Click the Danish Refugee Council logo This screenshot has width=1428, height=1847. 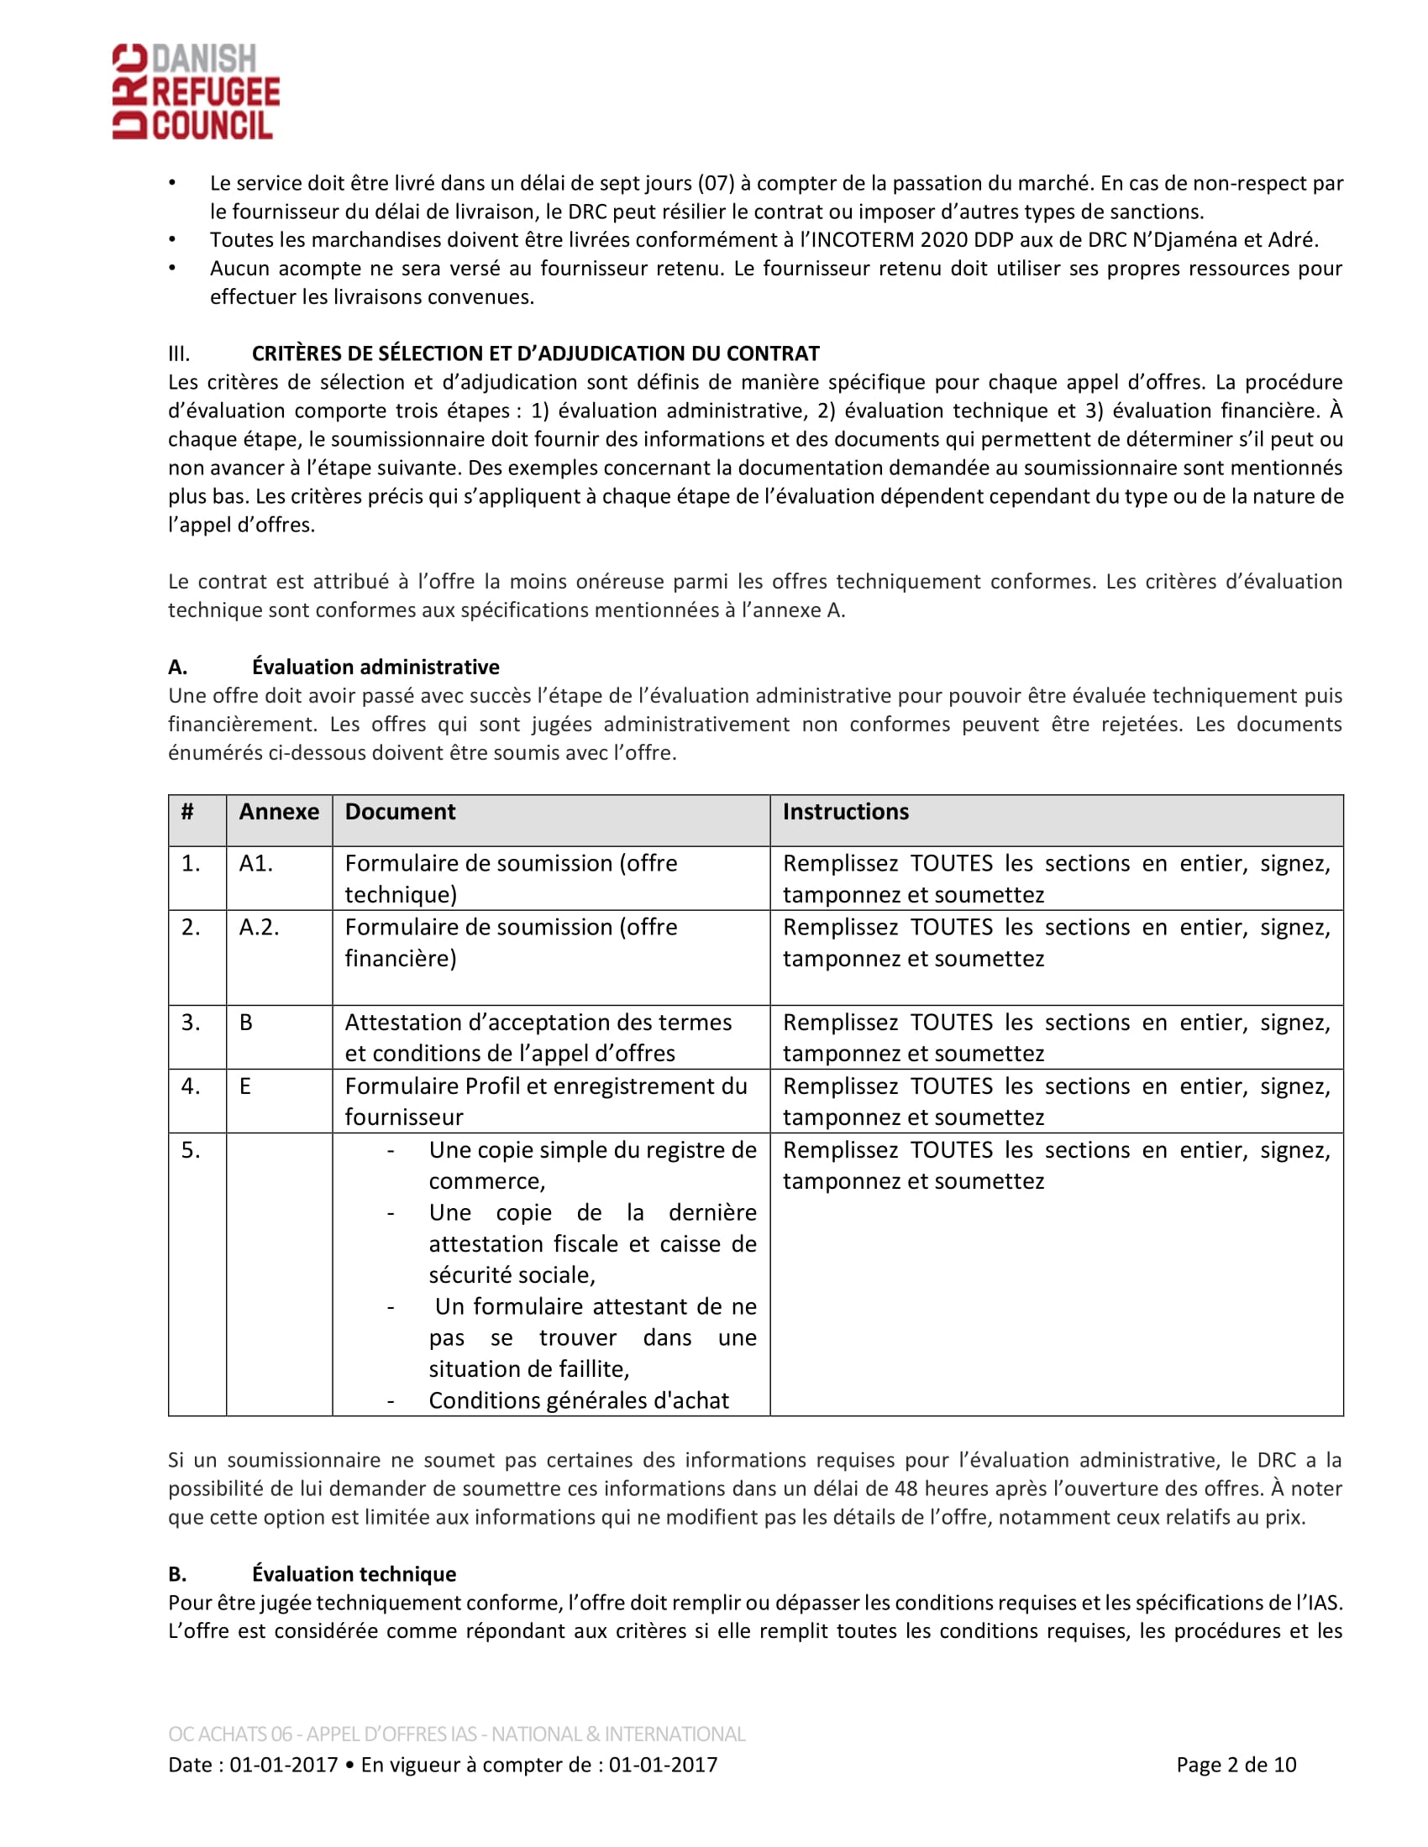[196, 92]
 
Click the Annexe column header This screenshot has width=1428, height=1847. [278, 812]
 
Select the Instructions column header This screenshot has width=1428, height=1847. [845, 812]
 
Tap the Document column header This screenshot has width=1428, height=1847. [400, 812]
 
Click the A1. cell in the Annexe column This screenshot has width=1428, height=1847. [255, 863]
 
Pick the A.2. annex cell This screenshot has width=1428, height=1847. [259, 928]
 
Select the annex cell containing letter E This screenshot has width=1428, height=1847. [245, 1086]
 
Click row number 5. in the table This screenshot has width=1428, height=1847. [192, 1150]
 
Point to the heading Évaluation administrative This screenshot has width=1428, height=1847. [375, 667]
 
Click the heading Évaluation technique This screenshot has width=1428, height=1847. [354, 1574]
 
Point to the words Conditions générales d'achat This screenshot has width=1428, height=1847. [579, 1400]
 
